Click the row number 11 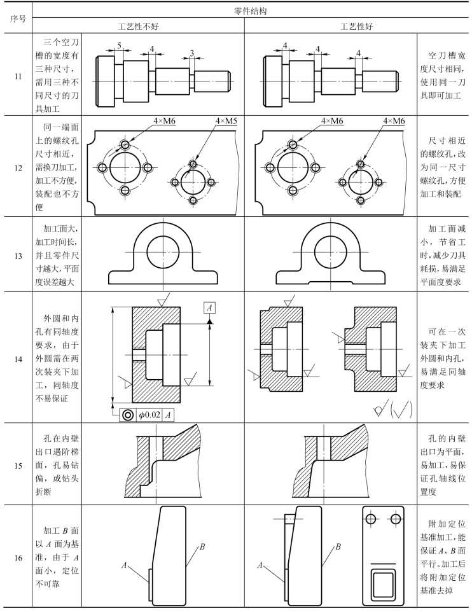(x=15, y=76)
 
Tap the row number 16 (x=15, y=545)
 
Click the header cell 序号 (x=15, y=18)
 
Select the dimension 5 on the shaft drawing (x=118, y=46)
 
